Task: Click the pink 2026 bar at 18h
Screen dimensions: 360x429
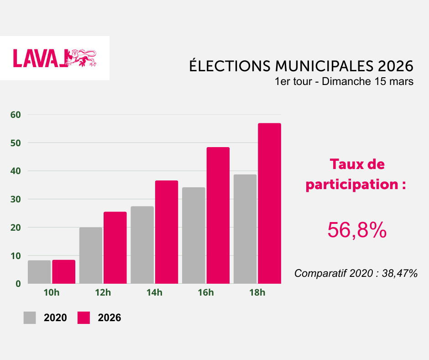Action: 269,203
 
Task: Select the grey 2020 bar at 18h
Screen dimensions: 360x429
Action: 245,229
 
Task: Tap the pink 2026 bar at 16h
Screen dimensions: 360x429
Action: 218,215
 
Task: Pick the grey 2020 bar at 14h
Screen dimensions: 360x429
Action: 142,245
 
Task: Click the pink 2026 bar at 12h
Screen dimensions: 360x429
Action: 115,248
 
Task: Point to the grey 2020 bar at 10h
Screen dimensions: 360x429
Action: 39,272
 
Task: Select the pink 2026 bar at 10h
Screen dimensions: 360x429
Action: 63,271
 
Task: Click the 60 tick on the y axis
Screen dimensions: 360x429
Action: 16,115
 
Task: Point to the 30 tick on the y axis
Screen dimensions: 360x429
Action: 16,199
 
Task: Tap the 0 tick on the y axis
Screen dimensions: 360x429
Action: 18,284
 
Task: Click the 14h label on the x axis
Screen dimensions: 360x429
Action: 154,293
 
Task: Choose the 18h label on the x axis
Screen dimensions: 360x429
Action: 257,293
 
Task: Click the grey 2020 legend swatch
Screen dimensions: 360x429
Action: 30,318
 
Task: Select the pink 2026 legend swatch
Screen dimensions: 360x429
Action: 84,318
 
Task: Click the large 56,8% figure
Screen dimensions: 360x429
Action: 357,231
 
